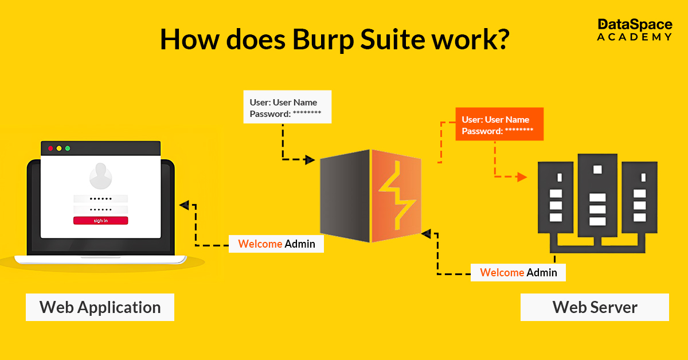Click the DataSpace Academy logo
634,30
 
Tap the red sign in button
100,221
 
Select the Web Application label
100,307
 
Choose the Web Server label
595,307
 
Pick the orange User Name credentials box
499,125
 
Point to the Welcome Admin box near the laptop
276,244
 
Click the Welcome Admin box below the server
518,272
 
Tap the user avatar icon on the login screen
100,175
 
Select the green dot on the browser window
68,148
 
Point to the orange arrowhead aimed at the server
521,177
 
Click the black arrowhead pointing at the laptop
183,205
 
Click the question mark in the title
498,39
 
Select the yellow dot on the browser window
59,148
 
